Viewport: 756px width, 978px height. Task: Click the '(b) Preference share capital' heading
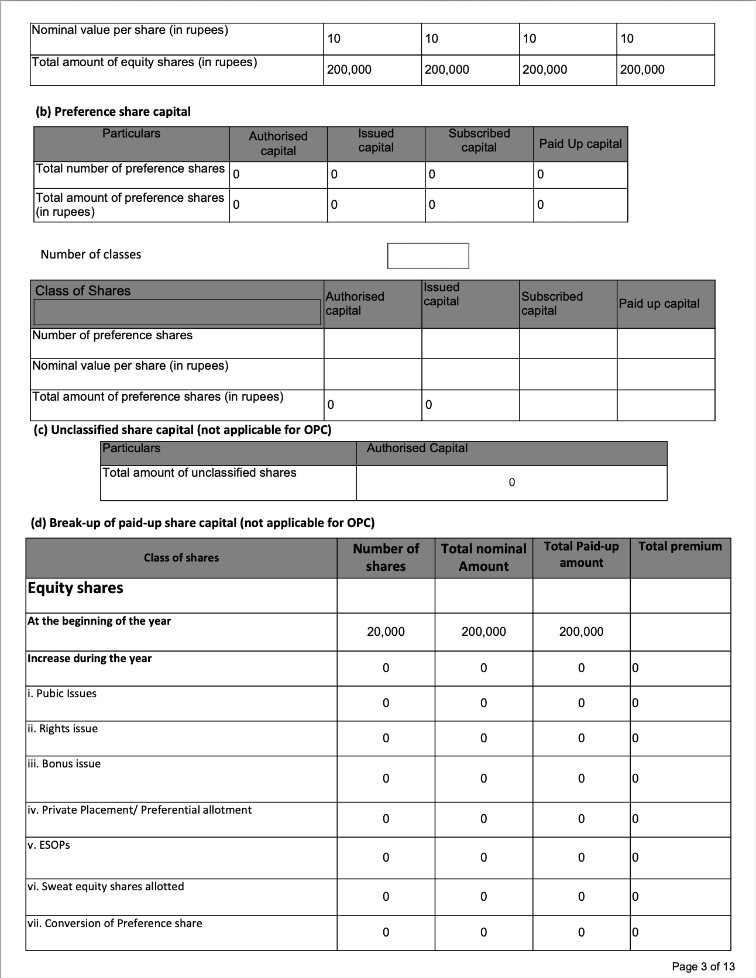click(x=114, y=112)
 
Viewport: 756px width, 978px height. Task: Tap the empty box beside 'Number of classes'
click(x=428, y=256)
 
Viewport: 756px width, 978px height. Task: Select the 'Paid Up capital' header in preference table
click(x=580, y=144)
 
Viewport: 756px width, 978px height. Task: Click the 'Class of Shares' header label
click(x=83, y=291)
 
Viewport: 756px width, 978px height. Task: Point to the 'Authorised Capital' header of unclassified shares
click(x=417, y=448)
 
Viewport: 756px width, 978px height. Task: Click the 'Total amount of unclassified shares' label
click(x=199, y=473)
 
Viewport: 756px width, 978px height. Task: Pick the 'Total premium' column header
click(x=680, y=546)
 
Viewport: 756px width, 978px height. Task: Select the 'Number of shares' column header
click(x=386, y=557)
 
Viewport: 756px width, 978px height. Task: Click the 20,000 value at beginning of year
click(x=386, y=632)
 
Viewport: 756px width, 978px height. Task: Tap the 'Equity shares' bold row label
click(x=75, y=588)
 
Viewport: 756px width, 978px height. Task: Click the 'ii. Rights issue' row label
click(x=63, y=729)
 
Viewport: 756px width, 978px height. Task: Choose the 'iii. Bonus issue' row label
click(x=64, y=764)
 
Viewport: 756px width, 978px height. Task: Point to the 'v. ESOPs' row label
click(x=49, y=845)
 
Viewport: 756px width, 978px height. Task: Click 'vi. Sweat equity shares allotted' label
click(x=105, y=887)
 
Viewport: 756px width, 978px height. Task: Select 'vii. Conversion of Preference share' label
click(x=115, y=924)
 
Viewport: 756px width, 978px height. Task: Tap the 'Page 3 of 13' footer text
click(x=703, y=966)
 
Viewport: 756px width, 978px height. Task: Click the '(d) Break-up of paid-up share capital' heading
click(x=202, y=523)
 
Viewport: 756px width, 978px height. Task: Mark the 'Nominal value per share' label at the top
click(x=130, y=30)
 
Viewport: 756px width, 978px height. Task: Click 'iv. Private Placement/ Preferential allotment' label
click(x=139, y=810)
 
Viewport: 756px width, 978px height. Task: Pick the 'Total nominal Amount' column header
click(x=483, y=557)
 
